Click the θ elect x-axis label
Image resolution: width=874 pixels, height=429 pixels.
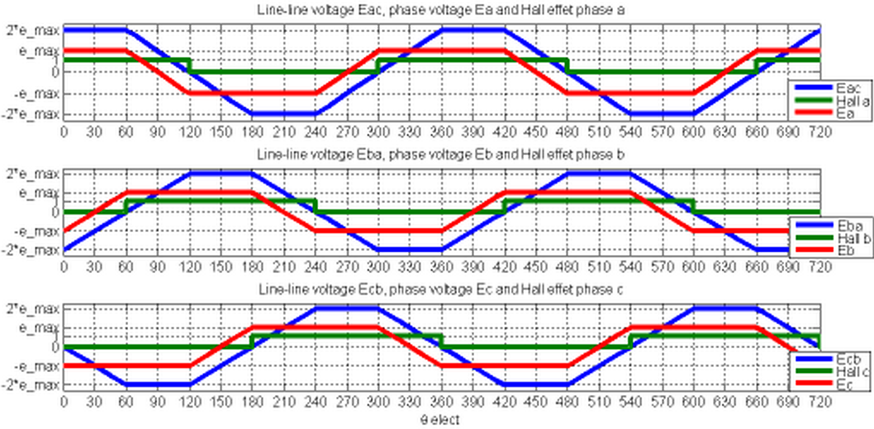coord(440,419)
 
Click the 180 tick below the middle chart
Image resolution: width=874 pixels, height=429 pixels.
coord(252,268)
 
